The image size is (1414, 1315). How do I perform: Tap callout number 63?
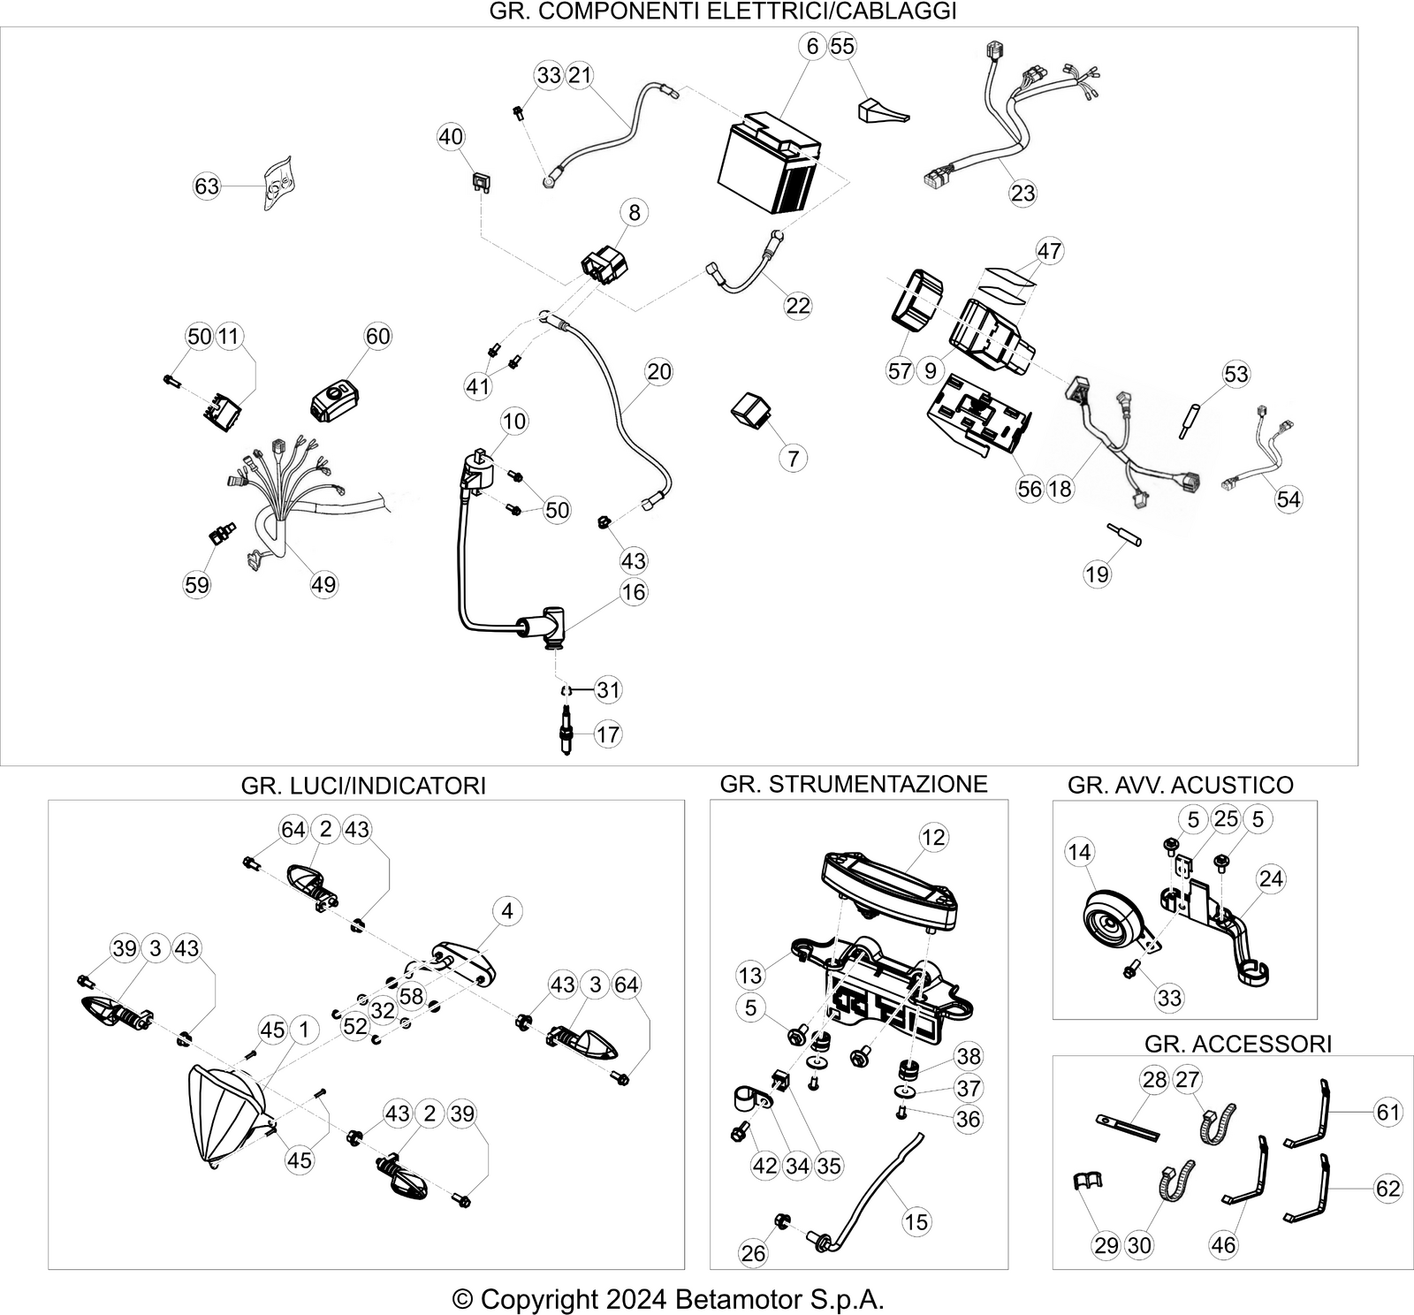(207, 186)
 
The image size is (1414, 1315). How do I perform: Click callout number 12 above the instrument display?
(933, 837)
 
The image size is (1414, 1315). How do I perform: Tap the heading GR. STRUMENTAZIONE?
(854, 784)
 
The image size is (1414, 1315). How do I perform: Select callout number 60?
(377, 336)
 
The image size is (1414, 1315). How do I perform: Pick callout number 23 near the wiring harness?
(1022, 193)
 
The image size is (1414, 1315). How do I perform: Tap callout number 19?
(1097, 574)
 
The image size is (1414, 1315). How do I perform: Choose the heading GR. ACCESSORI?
(1237, 1044)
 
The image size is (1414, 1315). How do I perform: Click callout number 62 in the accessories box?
(1388, 1189)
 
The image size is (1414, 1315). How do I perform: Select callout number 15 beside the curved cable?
(916, 1221)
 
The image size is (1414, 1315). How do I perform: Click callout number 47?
(1049, 251)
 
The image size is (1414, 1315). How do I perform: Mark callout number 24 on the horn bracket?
(1271, 878)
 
